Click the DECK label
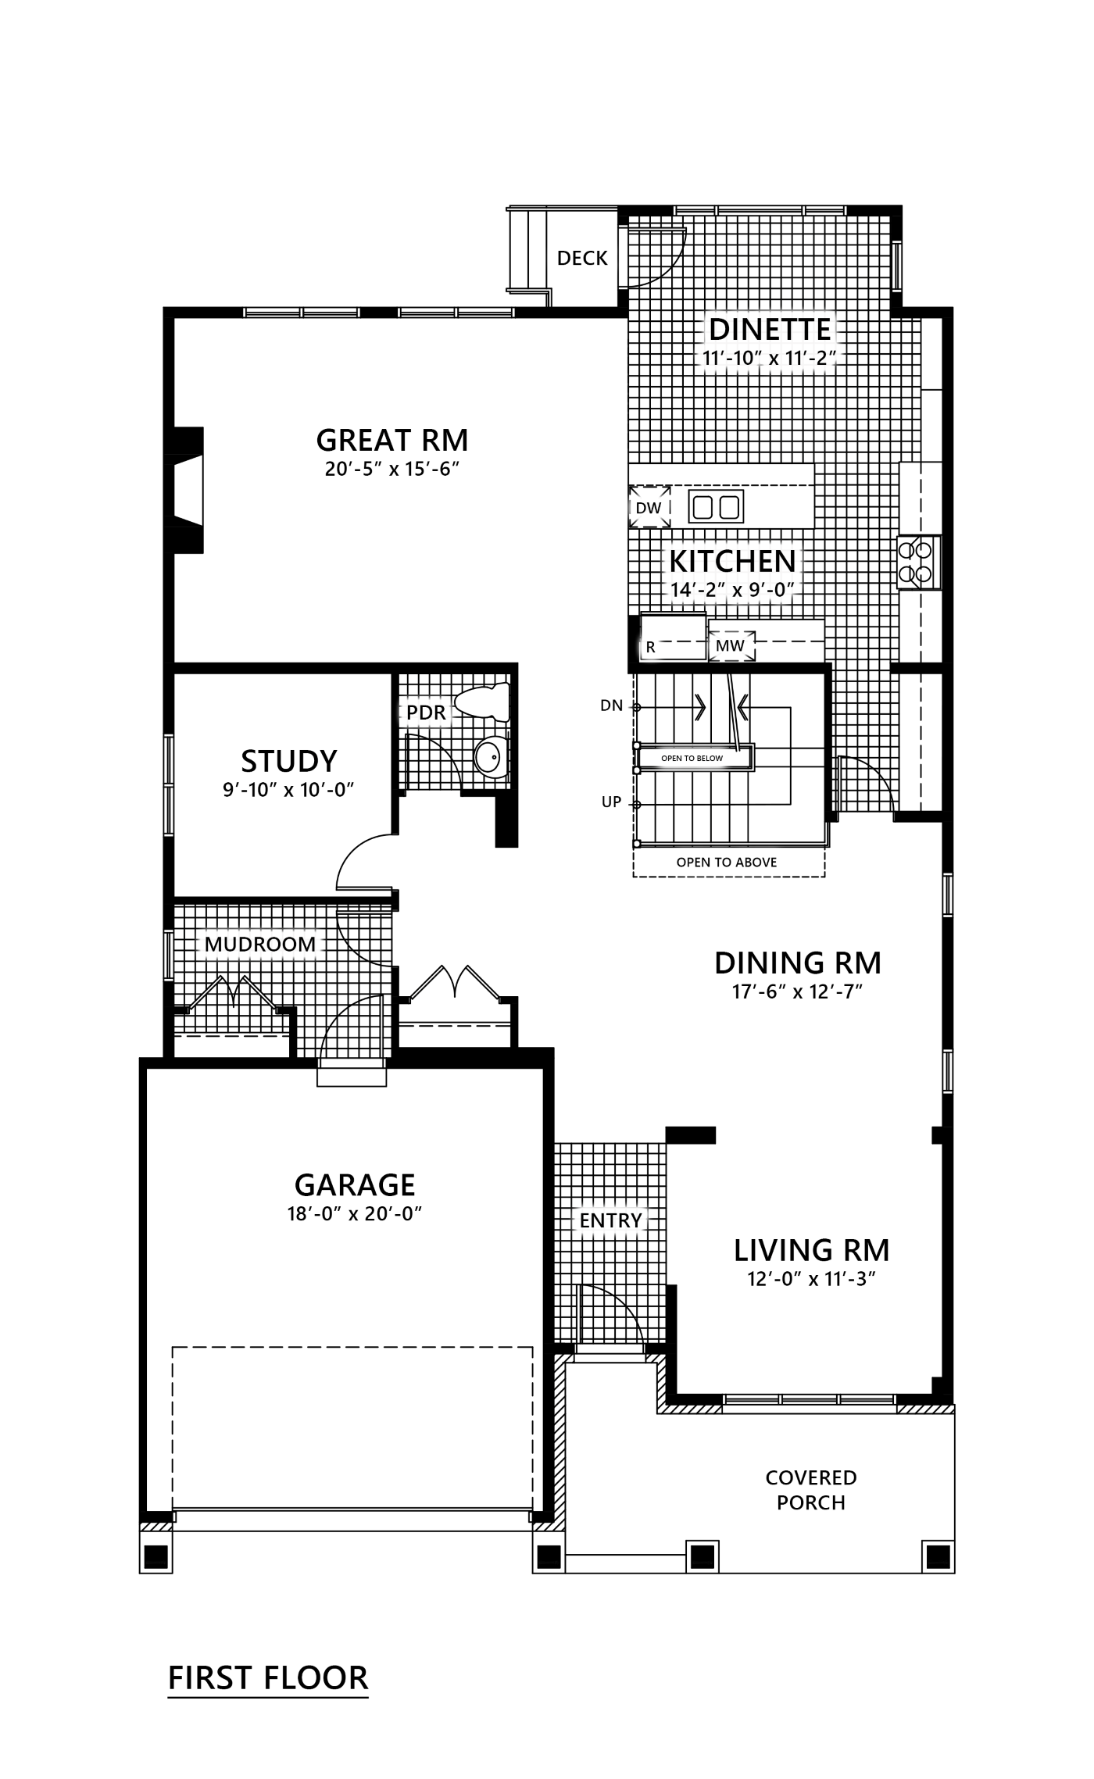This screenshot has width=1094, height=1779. [582, 258]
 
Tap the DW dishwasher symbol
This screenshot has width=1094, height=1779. [649, 507]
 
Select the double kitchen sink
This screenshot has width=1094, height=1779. [716, 507]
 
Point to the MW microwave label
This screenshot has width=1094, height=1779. [731, 646]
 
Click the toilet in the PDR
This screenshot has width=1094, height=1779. [482, 702]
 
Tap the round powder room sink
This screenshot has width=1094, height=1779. [490, 756]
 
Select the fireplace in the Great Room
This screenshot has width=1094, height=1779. [184, 490]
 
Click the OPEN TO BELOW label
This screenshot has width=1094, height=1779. [692, 758]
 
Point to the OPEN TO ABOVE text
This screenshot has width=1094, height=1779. [727, 863]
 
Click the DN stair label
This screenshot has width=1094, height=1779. [612, 706]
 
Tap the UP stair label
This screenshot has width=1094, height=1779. [611, 802]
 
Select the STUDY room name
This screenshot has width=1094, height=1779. [289, 760]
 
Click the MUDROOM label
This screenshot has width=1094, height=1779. [260, 944]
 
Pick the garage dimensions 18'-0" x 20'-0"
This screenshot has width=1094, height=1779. [354, 1213]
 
